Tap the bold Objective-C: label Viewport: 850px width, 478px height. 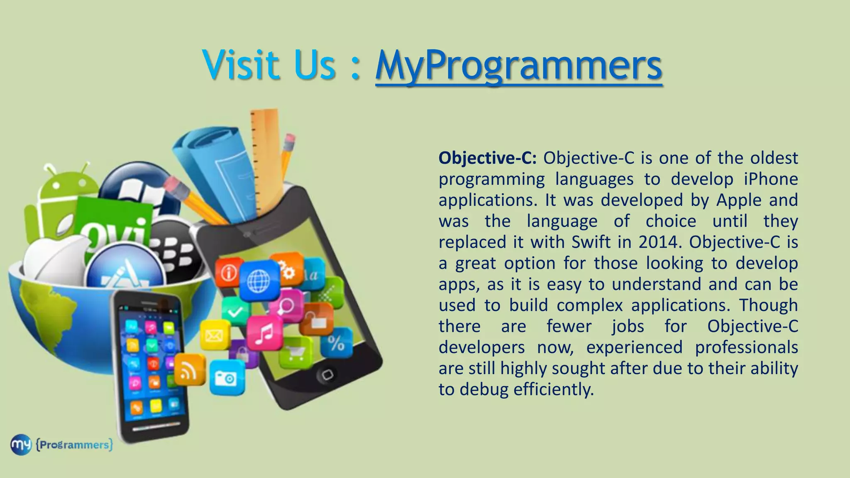pyautogui.click(x=488, y=158)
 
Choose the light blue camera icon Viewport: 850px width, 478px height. pyautogui.click(x=227, y=378)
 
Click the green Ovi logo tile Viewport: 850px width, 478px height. pyautogui.click(x=114, y=226)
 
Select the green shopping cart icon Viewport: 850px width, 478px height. pyautogui.click(x=296, y=353)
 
